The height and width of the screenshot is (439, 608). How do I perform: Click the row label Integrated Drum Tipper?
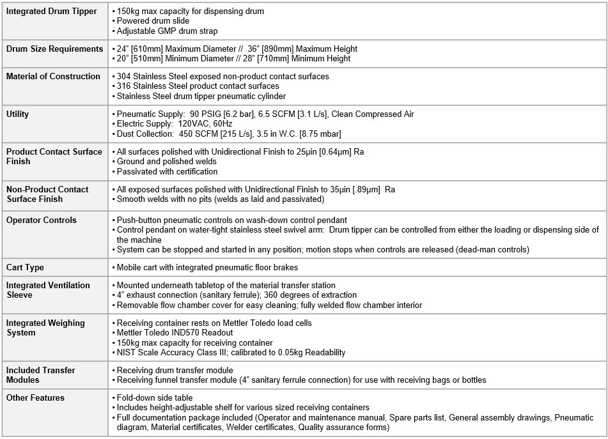(52, 12)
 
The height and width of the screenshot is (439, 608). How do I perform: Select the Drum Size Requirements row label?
(54, 49)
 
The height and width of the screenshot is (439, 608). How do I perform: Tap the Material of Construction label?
(53, 77)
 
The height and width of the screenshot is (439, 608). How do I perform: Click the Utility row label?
(18, 114)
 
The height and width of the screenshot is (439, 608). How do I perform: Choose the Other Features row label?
(36, 398)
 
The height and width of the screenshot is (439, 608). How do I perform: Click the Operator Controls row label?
(41, 220)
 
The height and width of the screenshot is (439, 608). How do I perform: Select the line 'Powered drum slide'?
(153, 21)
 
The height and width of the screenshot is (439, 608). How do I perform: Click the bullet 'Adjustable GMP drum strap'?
(167, 31)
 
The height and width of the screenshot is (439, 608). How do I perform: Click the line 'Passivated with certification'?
(167, 171)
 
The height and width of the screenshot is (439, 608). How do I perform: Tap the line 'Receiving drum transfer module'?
(175, 371)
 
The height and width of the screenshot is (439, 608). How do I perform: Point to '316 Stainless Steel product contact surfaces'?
(198, 86)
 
